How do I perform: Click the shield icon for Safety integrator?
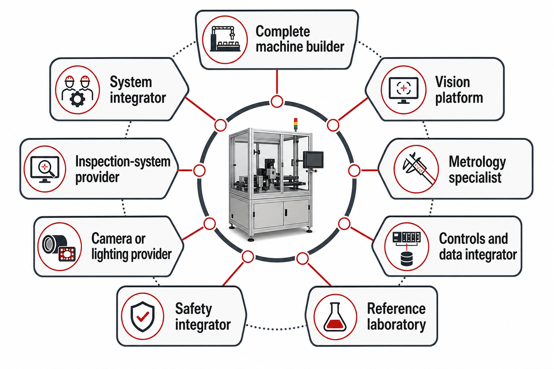[x=143, y=316]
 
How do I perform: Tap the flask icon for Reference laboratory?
[x=335, y=316]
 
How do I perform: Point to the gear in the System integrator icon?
[x=78, y=99]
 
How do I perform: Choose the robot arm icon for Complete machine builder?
[x=225, y=39]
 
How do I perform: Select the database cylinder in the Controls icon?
[x=406, y=258]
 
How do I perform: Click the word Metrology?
[x=477, y=163]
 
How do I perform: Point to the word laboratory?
[x=396, y=325]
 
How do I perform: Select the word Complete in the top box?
[x=283, y=32]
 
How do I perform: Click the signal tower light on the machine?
[x=295, y=124]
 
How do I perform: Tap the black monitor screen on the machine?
[x=313, y=160]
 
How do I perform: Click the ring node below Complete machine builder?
[x=277, y=101]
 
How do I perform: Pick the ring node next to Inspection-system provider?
[x=199, y=171]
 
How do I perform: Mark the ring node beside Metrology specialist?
[x=354, y=171]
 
